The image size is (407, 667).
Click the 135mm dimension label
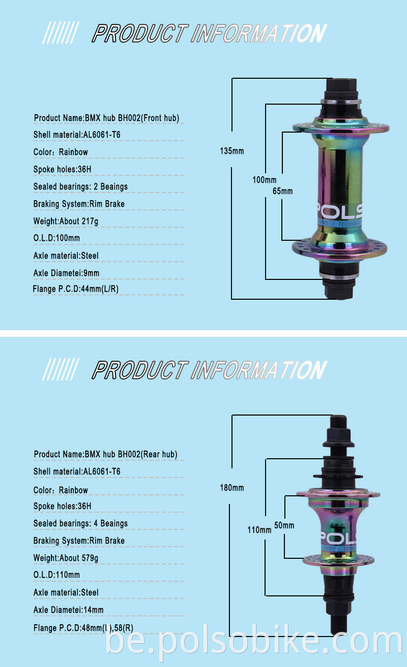click(x=232, y=151)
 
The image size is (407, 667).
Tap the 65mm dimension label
click(x=283, y=191)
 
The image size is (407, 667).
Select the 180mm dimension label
click(x=232, y=488)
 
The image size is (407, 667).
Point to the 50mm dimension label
click(x=284, y=525)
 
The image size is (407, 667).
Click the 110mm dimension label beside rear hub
click(x=259, y=530)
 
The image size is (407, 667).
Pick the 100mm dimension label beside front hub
click(x=265, y=180)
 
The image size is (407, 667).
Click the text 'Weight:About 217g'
click(x=66, y=221)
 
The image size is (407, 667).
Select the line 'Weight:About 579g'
click(x=66, y=558)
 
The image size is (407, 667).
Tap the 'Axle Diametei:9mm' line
click(x=66, y=273)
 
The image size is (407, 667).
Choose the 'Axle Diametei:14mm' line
click(x=68, y=610)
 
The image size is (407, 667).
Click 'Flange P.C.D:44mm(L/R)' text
click(x=76, y=289)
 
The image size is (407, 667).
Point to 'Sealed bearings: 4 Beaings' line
click(x=80, y=523)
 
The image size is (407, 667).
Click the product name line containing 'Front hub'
click(x=106, y=118)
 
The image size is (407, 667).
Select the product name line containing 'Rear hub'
click(x=105, y=454)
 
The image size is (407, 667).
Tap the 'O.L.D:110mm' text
click(x=56, y=575)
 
